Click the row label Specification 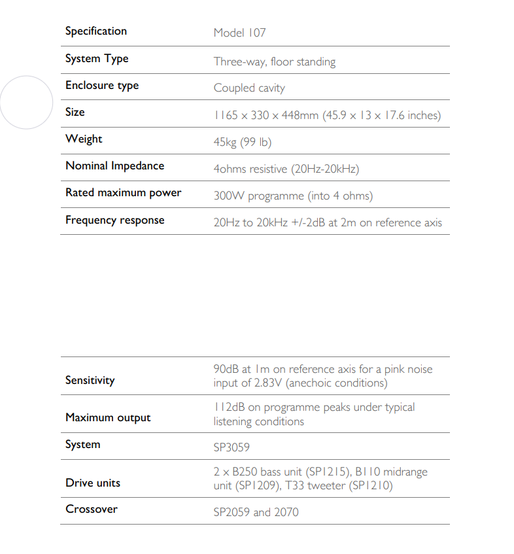coord(96,31)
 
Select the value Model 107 coord(239,33)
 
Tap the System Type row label coord(97,59)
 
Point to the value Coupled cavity coord(249,88)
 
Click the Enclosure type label coord(102,86)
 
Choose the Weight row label coord(84,139)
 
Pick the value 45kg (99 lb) coord(242,142)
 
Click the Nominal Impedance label coord(114,166)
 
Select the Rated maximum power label coord(123,193)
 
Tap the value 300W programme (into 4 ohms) coord(293,196)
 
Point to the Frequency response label coord(114,220)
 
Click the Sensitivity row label coord(90,380)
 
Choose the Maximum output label coord(108,418)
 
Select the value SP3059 coord(231,447)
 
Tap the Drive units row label coord(93,483)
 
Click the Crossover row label coord(92,510)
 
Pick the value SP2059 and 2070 coord(256,512)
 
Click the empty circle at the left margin coord(26,102)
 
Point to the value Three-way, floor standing coord(274,62)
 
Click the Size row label coord(75,113)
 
